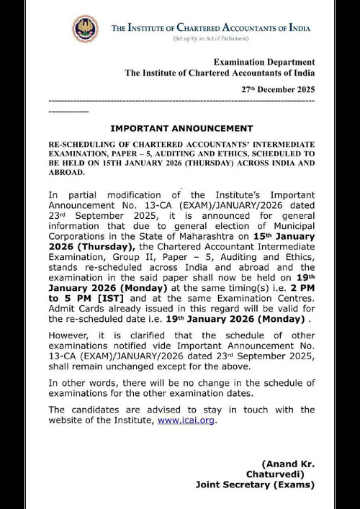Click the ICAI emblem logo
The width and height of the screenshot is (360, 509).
coord(84,29)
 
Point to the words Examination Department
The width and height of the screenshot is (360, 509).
coord(264,61)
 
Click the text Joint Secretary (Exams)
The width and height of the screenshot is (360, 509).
coord(255,485)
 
